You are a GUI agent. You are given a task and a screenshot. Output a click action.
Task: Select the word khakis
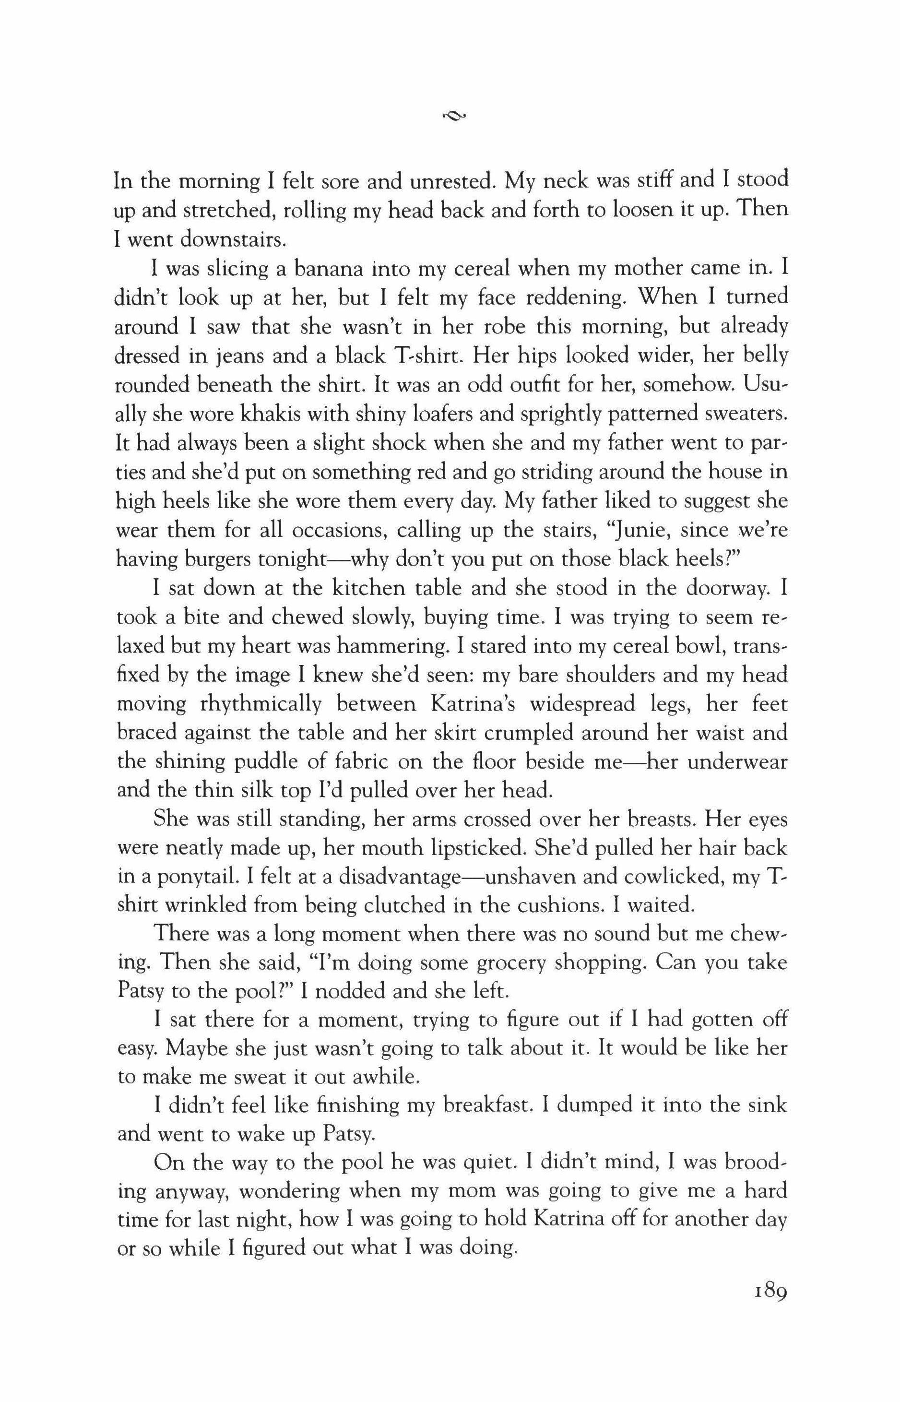270,415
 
